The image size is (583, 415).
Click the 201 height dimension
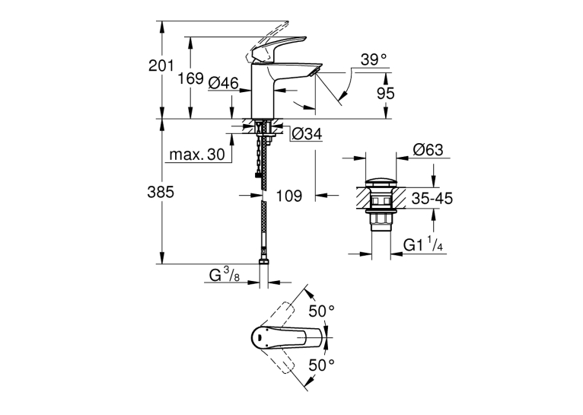click(161, 65)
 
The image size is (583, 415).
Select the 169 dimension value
click(190, 78)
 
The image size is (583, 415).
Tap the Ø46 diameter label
click(223, 83)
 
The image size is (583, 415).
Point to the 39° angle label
click(373, 59)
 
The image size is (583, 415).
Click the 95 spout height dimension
click(385, 94)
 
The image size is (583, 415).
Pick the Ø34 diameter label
click(307, 134)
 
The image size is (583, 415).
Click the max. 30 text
click(197, 154)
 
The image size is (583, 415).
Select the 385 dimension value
click(161, 192)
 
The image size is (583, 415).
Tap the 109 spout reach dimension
click(288, 196)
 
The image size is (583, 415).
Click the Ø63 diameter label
click(428, 149)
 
